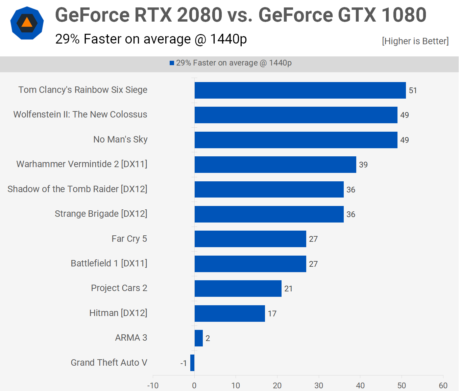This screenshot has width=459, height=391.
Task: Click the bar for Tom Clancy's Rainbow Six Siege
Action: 300,90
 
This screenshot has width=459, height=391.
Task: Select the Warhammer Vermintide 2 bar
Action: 275,164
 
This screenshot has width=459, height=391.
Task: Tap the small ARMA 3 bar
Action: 199,338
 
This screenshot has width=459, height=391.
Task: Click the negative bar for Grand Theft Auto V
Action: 192,363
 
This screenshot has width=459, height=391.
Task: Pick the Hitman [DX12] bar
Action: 230,313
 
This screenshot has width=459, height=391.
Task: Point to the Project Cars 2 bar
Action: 238,288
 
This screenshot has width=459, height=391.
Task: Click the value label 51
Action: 413,90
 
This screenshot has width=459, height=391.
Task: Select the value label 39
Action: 363,165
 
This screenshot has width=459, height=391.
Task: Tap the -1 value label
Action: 184,363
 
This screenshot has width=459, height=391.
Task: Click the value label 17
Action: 272,314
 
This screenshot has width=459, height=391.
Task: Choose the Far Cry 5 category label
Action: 129,239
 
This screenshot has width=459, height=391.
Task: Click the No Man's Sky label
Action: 120,139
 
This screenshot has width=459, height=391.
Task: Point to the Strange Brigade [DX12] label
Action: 101,214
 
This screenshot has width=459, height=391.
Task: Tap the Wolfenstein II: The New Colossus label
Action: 80,114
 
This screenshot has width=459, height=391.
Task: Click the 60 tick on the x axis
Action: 443,386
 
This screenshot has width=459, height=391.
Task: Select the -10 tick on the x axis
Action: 153,386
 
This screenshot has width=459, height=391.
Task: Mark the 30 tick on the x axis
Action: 319,386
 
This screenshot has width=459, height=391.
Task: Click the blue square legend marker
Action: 172,63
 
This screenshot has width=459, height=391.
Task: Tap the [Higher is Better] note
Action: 415,41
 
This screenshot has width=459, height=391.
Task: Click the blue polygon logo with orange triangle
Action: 27,23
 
